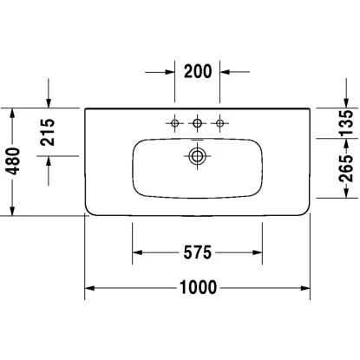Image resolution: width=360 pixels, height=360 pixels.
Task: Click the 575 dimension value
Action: click(x=197, y=253)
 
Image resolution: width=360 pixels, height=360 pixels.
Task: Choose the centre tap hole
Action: click(x=198, y=123)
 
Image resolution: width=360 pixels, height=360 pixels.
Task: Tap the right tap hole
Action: click(x=220, y=123)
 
